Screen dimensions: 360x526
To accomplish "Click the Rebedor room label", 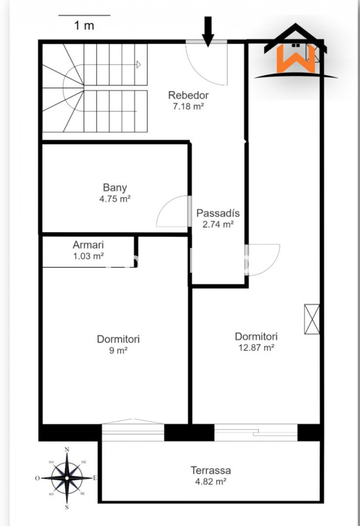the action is (188, 95).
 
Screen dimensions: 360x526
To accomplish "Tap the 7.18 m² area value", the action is (188, 106).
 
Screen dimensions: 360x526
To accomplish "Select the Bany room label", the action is (115, 188).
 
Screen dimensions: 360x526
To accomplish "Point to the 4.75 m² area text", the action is (115, 199).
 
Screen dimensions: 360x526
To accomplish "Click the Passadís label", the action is (218, 213).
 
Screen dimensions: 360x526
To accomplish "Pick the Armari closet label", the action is (88, 244).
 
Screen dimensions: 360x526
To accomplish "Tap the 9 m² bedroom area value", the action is (118, 351).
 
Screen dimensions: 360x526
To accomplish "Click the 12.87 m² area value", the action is (256, 348).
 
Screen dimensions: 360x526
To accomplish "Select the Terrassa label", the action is (211, 470).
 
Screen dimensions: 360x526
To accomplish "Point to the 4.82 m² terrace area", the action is (211, 482).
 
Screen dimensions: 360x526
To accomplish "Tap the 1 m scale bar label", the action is (84, 25).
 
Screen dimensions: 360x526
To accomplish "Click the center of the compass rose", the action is (67, 478).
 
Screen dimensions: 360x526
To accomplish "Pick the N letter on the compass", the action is (67, 450).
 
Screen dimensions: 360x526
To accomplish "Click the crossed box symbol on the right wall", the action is (312, 319).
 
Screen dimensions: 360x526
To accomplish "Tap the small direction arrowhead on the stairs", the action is (138, 64).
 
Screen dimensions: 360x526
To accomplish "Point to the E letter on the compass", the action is (95, 478).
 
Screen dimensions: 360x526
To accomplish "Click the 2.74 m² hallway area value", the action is (218, 225).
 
